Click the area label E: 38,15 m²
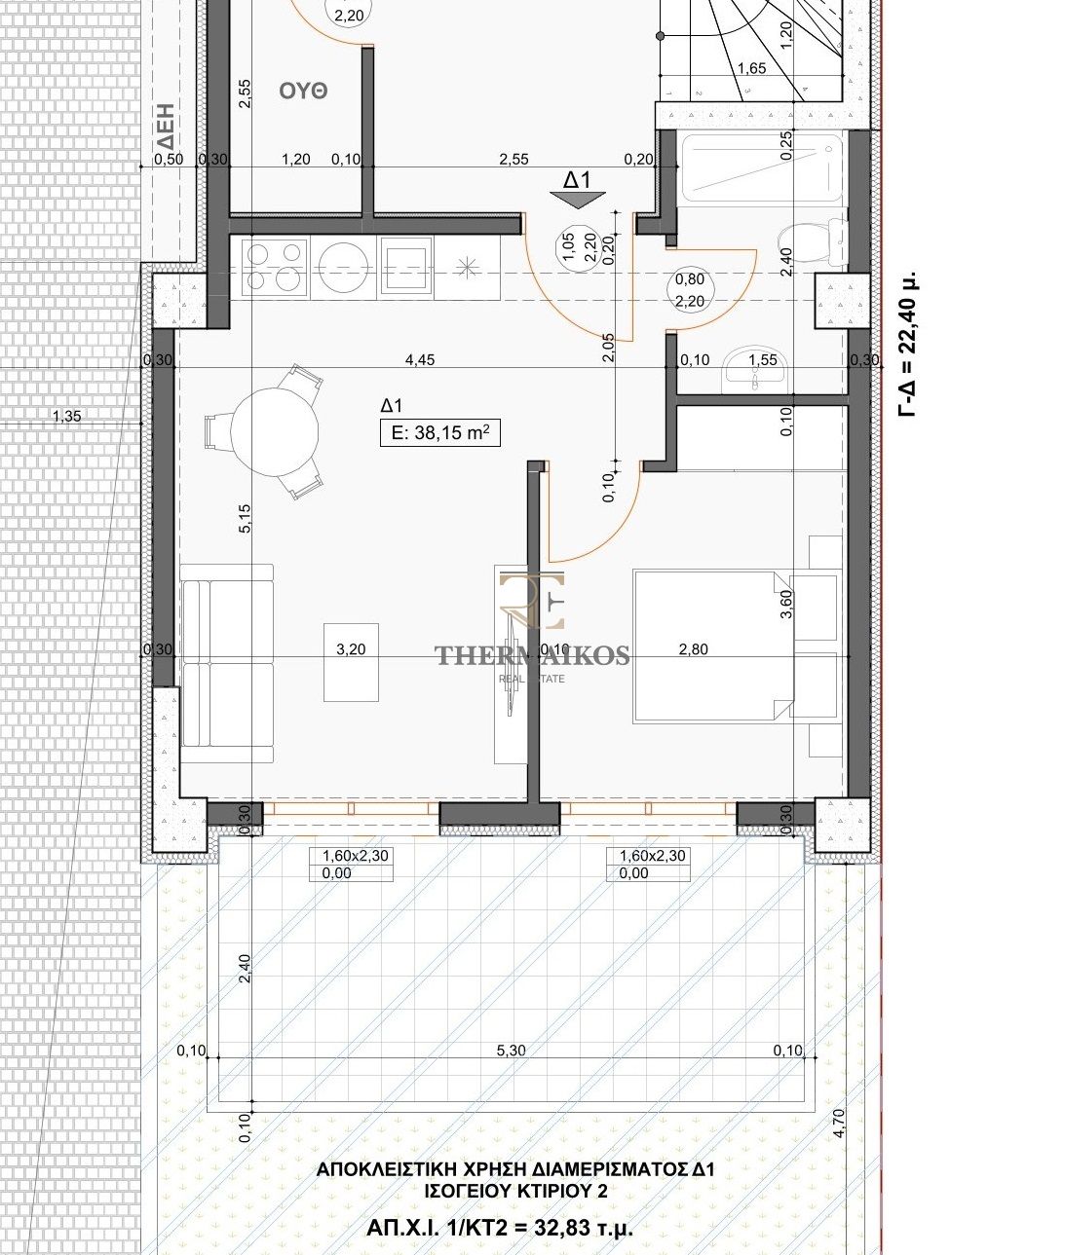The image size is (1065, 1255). (x=439, y=433)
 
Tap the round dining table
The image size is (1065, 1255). (x=275, y=430)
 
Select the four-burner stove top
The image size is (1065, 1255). (x=275, y=268)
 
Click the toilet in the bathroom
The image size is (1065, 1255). (x=812, y=244)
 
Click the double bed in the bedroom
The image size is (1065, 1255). (x=713, y=646)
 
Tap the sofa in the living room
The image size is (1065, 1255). (x=227, y=664)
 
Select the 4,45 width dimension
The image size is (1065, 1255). (x=420, y=360)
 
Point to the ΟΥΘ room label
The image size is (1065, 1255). (x=303, y=92)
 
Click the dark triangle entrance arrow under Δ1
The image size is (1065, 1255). (x=578, y=201)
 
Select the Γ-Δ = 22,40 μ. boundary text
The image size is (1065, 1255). (x=909, y=343)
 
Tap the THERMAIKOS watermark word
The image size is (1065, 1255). (x=532, y=655)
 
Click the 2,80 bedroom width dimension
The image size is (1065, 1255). (x=693, y=649)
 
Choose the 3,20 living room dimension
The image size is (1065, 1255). (x=351, y=649)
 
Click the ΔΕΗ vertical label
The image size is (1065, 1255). (x=166, y=127)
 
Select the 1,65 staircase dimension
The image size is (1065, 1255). (x=751, y=68)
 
